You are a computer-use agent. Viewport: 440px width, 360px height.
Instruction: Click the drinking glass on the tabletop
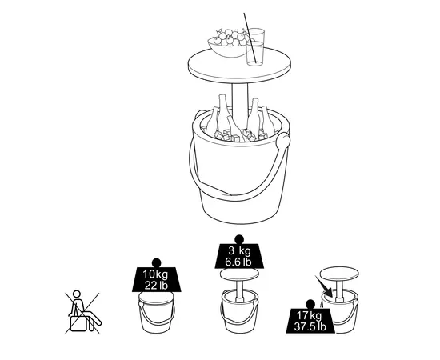point(255,47)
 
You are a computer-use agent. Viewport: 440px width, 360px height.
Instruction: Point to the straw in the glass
point(250,38)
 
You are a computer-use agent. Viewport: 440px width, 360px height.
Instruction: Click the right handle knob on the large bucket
point(283,141)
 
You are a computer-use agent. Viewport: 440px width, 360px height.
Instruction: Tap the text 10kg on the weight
point(155,274)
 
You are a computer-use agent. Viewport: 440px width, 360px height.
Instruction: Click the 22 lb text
point(156,285)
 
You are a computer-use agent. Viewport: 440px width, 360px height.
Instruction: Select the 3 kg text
point(239,250)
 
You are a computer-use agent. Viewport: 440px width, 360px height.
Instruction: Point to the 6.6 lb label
point(238,262)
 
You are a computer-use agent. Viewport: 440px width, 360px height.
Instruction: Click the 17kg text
point(310,315)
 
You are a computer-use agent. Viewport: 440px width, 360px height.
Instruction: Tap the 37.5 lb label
point(310,326)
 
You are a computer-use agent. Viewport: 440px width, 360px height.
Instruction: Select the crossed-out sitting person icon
point(82,312)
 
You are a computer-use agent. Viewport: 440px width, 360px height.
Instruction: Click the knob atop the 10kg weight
point(156,263)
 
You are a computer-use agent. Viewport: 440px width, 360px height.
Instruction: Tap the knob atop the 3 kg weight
point(239,239)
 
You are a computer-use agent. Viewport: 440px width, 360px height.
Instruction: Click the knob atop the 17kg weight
point(310,304)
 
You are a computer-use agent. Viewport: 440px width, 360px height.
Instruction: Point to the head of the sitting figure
point(77,294)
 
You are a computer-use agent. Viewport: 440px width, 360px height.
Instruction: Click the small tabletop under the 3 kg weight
point(239,274)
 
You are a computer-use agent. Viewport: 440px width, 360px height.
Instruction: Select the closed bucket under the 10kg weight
point(157,312)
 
